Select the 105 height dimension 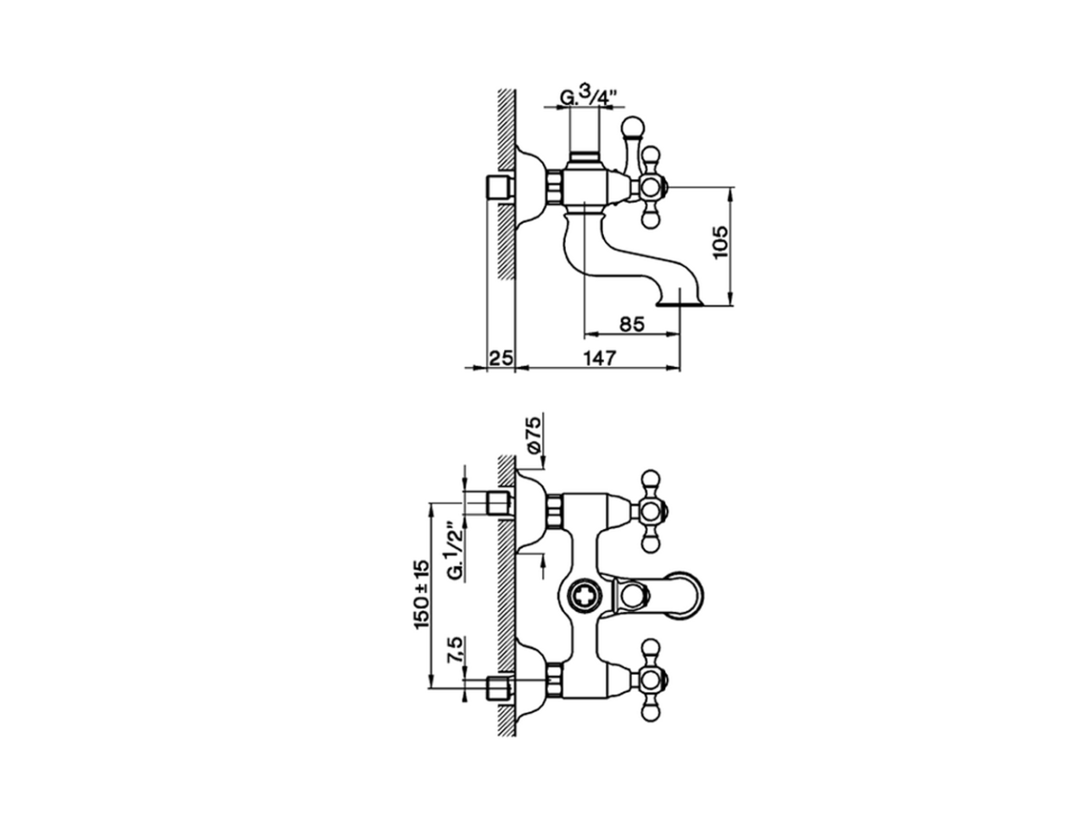click(720, 243)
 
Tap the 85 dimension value click(631, 323)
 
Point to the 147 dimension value click(599, 358)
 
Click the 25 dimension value click(501, 358)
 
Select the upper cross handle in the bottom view click(651, 510)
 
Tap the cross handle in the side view click(651, 187)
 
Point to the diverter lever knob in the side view click(632, 127)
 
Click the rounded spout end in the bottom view click(691, 594)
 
